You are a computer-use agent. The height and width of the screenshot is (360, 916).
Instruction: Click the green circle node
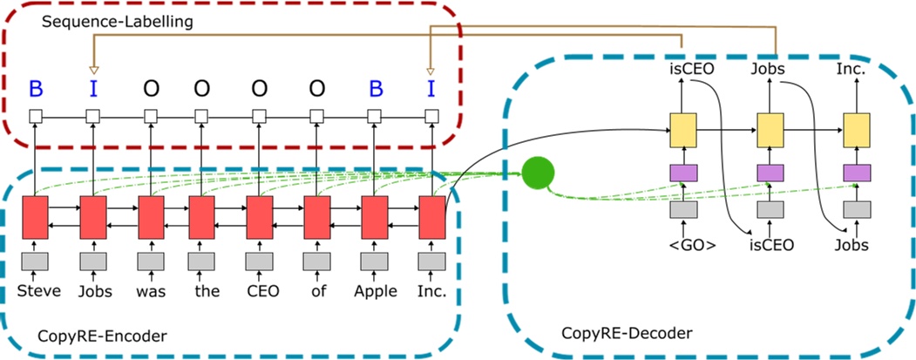tap(540, 173)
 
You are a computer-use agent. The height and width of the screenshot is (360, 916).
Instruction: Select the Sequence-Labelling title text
tap(118, 21)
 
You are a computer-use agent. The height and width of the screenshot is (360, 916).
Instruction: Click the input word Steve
tap(39, 291)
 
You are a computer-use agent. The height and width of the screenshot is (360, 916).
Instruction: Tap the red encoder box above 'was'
tap(151, 217)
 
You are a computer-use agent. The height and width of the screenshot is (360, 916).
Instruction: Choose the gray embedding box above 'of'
tap(317, 262)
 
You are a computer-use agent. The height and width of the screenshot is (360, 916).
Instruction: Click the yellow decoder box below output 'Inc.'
tap(857, 130)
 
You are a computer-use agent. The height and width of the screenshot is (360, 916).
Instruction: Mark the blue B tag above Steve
tap(36, 88)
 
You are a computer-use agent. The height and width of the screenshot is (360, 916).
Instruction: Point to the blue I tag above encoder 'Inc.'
tap(430, 88)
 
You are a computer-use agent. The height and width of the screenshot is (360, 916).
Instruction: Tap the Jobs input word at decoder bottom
tap(851, 245)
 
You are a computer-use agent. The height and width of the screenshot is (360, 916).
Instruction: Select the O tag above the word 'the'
tap(202, 88)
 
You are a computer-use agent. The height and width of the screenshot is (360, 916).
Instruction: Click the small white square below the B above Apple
tap(376, 115)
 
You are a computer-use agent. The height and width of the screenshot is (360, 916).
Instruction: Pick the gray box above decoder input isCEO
tap(770, 209)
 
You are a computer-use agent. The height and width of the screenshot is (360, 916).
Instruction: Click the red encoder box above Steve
tap(36, 217)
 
